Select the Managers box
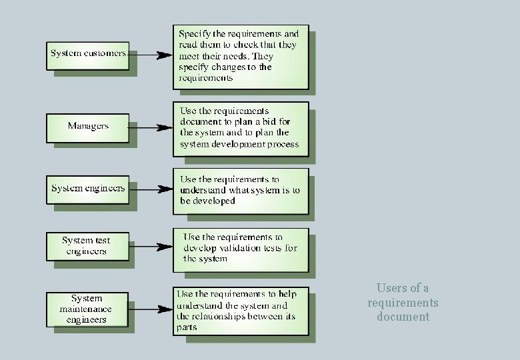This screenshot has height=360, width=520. (x=87, y=126)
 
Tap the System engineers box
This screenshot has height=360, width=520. (x=87, y=189)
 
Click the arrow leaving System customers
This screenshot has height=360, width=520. (x=150, y=55)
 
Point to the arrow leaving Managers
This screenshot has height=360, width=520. (x=150, y=127)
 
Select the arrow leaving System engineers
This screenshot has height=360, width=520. (x=150, y=190)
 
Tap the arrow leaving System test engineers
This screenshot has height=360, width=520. (x=150, y=247)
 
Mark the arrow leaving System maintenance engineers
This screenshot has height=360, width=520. (x=150, y=308)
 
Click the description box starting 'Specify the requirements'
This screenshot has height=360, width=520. (x=241, y=57)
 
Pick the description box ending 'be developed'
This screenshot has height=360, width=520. (x=241, y=191)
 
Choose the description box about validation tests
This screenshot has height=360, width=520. (x=241, y=249)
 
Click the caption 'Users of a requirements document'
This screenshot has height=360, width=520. (x=403, y=303)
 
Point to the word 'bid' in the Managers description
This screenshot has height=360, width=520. (x=282, y=122)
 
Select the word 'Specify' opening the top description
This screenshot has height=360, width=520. (x=195, y=33)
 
